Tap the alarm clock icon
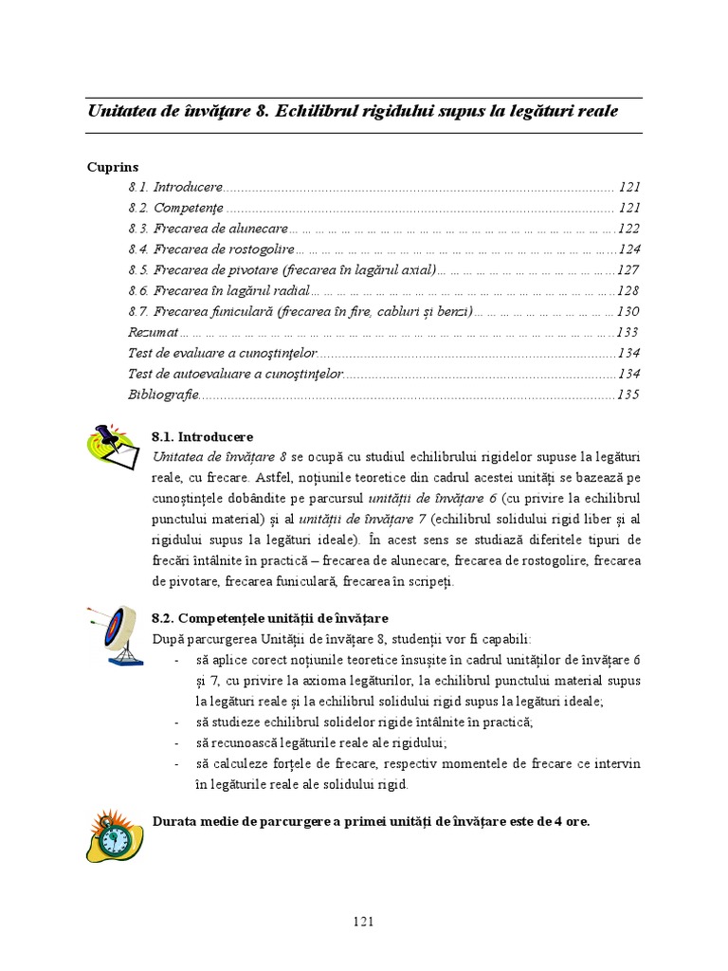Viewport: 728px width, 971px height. [114, 835]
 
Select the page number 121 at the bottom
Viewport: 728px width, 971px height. [364, 921]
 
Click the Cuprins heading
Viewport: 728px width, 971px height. [113, 166]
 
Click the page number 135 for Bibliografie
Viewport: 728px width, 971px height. [628, 394]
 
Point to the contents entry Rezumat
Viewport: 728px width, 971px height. [153, 332]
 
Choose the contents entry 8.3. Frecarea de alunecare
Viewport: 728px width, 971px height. [208, 229]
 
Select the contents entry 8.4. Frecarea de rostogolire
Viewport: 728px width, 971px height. [210, 249]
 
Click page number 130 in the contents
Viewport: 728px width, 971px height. [628, 311]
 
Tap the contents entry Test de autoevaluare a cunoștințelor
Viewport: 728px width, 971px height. [235, 374]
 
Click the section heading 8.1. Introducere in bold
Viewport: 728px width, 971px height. [202, 437]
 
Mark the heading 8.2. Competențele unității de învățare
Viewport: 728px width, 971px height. [269, 618]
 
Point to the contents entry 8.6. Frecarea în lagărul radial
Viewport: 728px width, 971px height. [218, 290]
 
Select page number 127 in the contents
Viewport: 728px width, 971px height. [628, 270]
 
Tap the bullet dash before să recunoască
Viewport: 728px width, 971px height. [178, 743]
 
